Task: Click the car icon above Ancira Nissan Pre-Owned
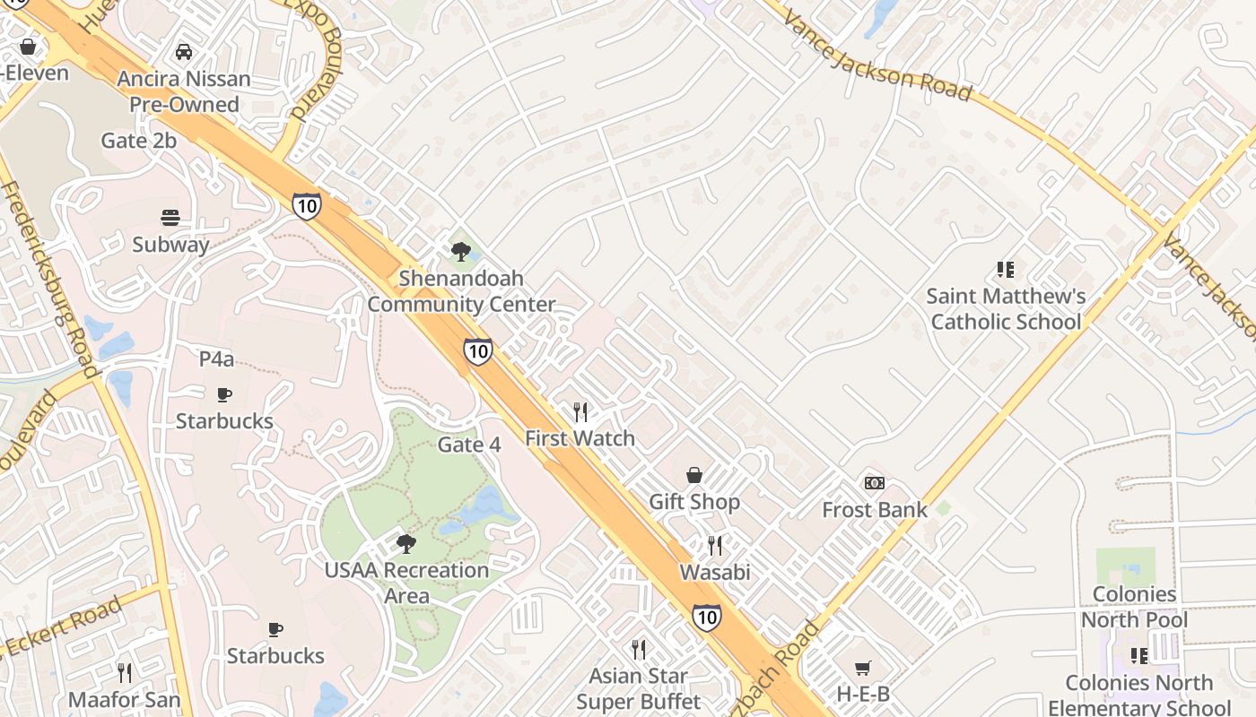pyautogui.click(x=184, y=52)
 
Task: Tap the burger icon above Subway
pyautogui.click(x=170, y=218)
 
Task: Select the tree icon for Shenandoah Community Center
pyautogui.click(x=461, y=252)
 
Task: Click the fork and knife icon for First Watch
pyautogui.click(x=580, y=412)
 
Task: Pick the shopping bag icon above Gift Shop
pyautogui.click(x=693, y=475)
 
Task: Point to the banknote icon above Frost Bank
pyautogui.click(x=875, y=483)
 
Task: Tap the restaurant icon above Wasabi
pyautogui.click(x=715, y=545)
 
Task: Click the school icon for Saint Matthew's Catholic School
pyautogui.click(x=1006, y=269)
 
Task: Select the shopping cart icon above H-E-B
pyautogui.click(x=863, y=668)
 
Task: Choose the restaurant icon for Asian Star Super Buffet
pyautogui.click(x=639, y=649)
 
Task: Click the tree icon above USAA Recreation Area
pyautogui.click(x=406, y=543)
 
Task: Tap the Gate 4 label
pyautogui.click(x=469, y=445)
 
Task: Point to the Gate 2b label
pyautogui.click(x=139, y=141)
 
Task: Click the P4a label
pyautogui.click(x=216, y=359)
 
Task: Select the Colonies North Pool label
pyautogui.click(x=1134, y=607)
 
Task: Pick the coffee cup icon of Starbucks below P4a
pyautogui.click(x=224, y=394)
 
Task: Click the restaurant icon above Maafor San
pyautogui.click(x=125, y=672)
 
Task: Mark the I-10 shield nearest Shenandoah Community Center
pyautogui.click(x=478, y=350)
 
